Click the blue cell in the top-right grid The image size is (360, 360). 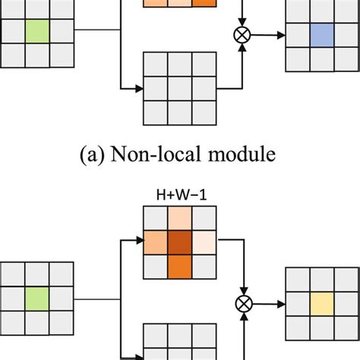point(321,35)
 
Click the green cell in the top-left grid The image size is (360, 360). point(36,32)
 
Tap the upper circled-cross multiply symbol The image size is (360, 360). point(243,34)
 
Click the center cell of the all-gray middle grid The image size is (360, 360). point(179,87)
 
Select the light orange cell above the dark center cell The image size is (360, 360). point(179,221)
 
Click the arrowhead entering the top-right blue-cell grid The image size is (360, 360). point(283,34)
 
